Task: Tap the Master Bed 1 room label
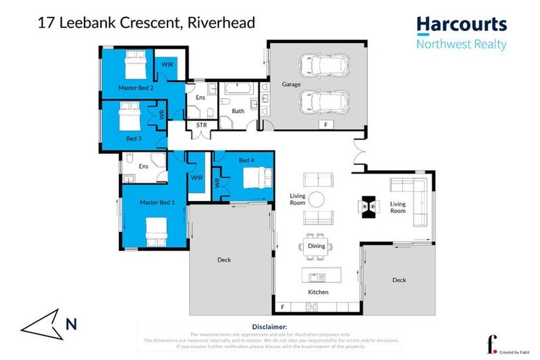tap(157, 202)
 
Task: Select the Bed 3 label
tap(134, 139)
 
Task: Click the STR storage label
tap(201, 126)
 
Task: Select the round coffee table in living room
tap(317, 199)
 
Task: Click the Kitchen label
tap(317, 292)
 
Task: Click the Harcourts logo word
tap(461, 25)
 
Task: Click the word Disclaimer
tap(269, 327)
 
